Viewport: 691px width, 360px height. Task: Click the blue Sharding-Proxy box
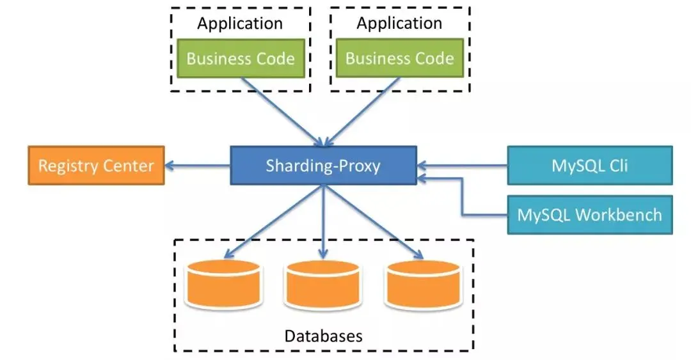pyautogui.click(x=323, y=166)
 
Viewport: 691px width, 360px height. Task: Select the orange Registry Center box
pyautogui.click(x=96, y=166)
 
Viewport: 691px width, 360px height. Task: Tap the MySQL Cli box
pyautogui.click(x=589, y=166)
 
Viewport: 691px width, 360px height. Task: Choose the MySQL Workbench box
pyautogui.click(x=589, y=215)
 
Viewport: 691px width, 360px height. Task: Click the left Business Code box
pyautogui.click(x=241, y=59)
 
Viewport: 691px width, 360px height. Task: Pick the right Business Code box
pyautogui.click(x=399, y=59)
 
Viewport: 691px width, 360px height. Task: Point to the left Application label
pyautogui.click(x=240, y=24)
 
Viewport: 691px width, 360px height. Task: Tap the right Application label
pyautogui.click(x=399, y=24)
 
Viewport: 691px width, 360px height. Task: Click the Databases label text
pyautogui.click(x=323, y=336)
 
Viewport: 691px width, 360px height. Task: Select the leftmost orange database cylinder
pyautogui.click(x=223, y=284)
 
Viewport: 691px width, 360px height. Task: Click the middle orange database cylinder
pyautogui.click(x=323, y=284)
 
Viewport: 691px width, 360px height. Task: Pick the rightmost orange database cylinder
pyautogui.click(x=423, y=284)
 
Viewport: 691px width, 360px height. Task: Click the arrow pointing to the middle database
pyautogui.click(x=323, y=221)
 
